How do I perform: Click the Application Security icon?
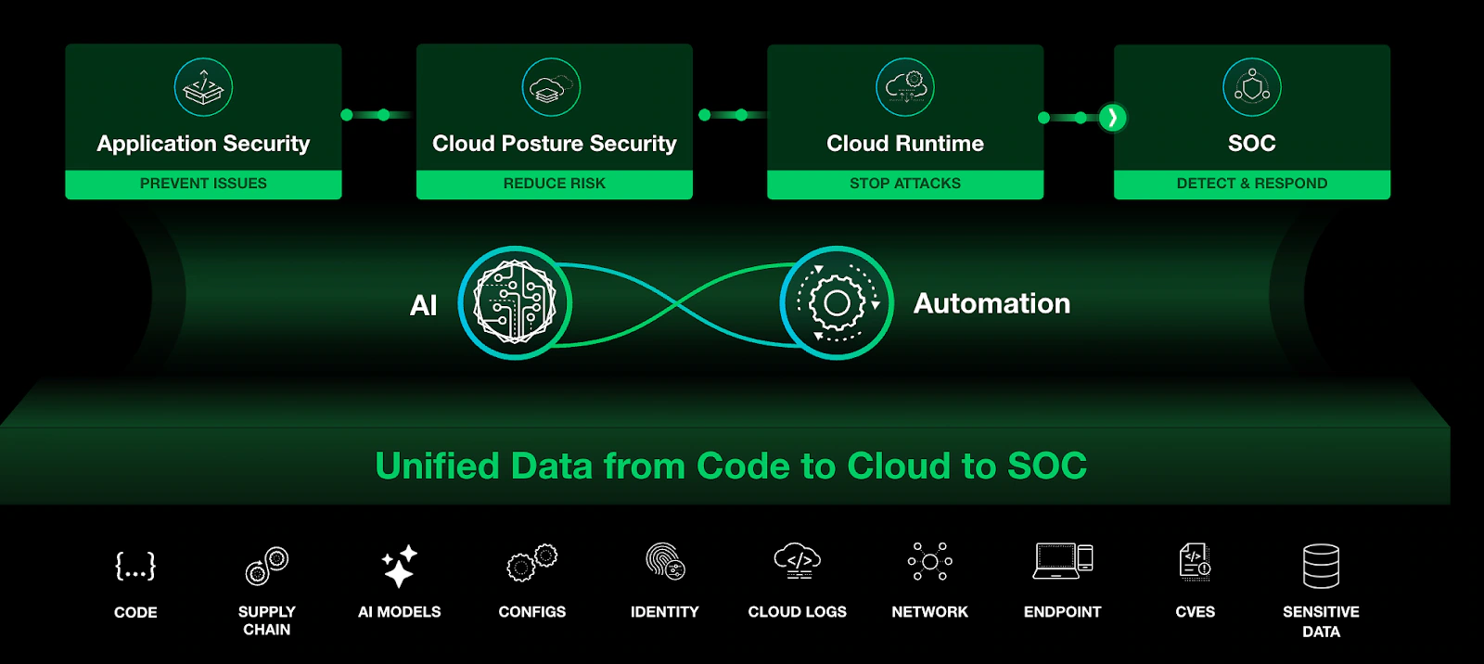tap(203, 87)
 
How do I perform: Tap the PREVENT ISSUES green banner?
tap(203, 184)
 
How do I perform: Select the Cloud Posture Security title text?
tap(554, 144)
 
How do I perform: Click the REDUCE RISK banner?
tap(554, 184)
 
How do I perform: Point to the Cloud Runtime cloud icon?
tap(905, 87)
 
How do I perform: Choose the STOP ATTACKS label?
tap(905, 184)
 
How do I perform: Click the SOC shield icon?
tap(1251, 87)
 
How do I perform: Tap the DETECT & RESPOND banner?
tap(1251, 184)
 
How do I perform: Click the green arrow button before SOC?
tap(1112, 118)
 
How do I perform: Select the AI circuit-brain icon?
tap(515, 302)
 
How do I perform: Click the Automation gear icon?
tap(837, 302)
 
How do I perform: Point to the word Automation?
tap(991, 303)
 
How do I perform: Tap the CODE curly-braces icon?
tap(135, 566)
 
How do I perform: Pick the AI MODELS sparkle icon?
tap(400, 566)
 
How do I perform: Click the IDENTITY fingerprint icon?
tap(665, 562)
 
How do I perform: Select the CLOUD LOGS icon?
tap(798, 561)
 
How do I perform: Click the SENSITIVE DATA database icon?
tap(1321, 566)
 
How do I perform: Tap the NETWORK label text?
tap(929, 612)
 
